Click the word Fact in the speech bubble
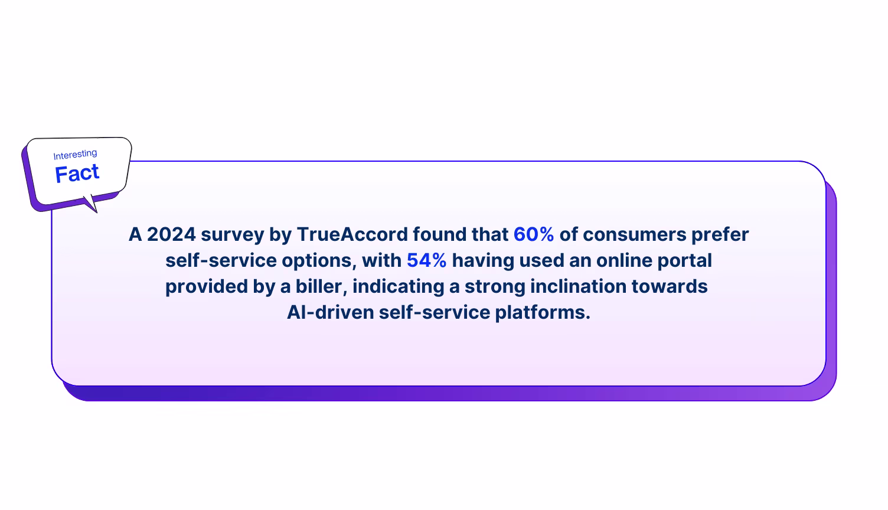pos(77,174)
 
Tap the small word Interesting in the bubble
pos(75,155)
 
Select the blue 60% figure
pos(534,234)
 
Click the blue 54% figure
pos(426,260)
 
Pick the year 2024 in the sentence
pos(171,234)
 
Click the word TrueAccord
pos(352,234)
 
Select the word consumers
pos(635,234)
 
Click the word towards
pos(670,286)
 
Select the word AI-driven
pos(330,312)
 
